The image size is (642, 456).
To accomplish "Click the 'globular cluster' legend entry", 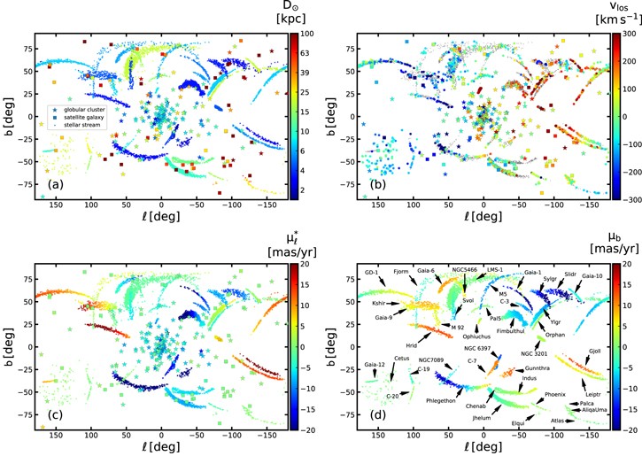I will pos(80,108).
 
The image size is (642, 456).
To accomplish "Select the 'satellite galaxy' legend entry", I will pos(80,116).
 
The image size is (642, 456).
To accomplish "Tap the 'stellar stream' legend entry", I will pos(78,124).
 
